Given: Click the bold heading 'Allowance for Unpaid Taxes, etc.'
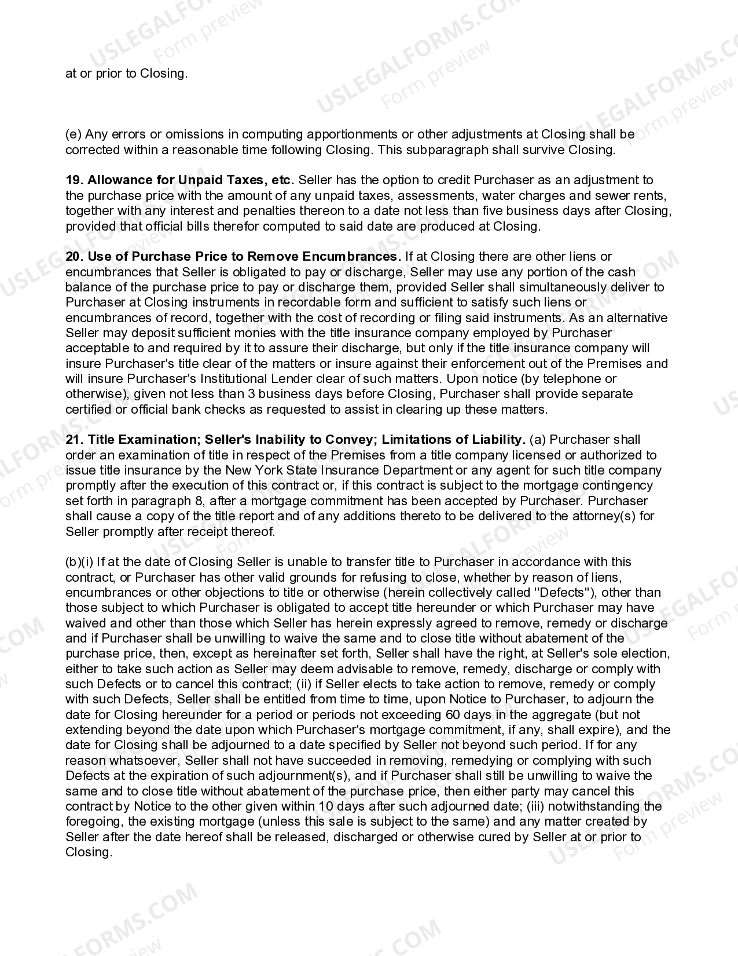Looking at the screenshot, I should click(191, 180).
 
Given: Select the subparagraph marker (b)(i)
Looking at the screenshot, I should click(79, 562).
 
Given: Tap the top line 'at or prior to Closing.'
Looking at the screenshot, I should click(126, 74).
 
